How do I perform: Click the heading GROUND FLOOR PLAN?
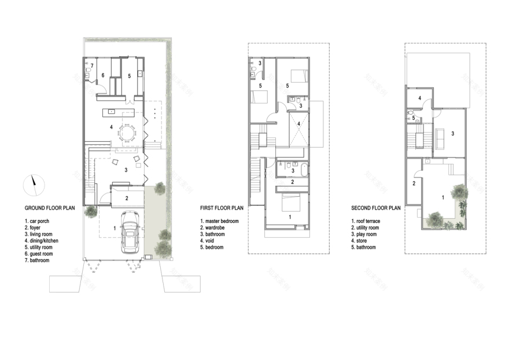coord(50,208)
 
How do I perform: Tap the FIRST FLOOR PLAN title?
coord(222,208)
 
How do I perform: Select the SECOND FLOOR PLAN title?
coord(376,208)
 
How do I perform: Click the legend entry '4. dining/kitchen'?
coord(41,241)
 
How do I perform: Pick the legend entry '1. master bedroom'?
coord(219,221)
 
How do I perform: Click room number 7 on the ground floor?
coord(91,66)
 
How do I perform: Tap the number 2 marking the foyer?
coord(127,199)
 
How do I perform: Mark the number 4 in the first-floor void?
coord(298,123)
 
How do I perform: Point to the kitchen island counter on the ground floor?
coord(119,111)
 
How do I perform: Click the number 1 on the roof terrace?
coord(443,198)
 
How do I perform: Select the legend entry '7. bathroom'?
coord(37,260)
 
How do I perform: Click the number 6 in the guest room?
coord(102,75)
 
